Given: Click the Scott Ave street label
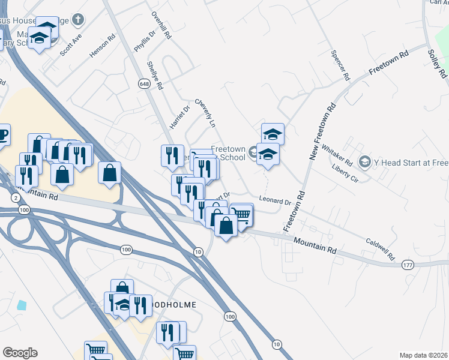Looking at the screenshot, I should point(70,45).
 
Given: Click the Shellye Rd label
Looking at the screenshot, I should point(155,76).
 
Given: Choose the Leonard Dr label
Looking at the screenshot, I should point(275,200).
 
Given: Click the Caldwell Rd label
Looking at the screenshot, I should point(380,250).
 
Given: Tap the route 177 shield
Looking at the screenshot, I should point(408,264).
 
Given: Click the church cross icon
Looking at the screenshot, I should point(77,20).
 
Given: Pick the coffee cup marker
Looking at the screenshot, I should point(2,136).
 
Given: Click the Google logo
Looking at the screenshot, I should point(20,353).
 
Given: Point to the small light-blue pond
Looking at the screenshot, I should point(22,305).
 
